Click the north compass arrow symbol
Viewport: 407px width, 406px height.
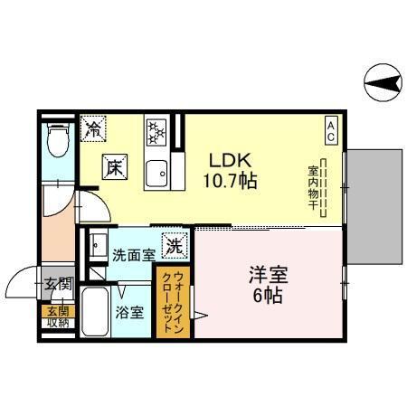point(384,86)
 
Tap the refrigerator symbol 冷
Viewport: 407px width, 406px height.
point(92,129)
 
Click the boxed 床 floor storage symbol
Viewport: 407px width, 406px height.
point(116,167)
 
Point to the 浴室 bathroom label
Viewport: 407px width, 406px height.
point(128,314)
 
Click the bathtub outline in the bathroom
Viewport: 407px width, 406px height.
point(94,312)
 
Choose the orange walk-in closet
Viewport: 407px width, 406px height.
point(173,303)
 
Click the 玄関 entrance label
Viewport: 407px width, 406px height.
point(58,283)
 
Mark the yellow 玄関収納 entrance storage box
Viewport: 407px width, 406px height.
point(57,317)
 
